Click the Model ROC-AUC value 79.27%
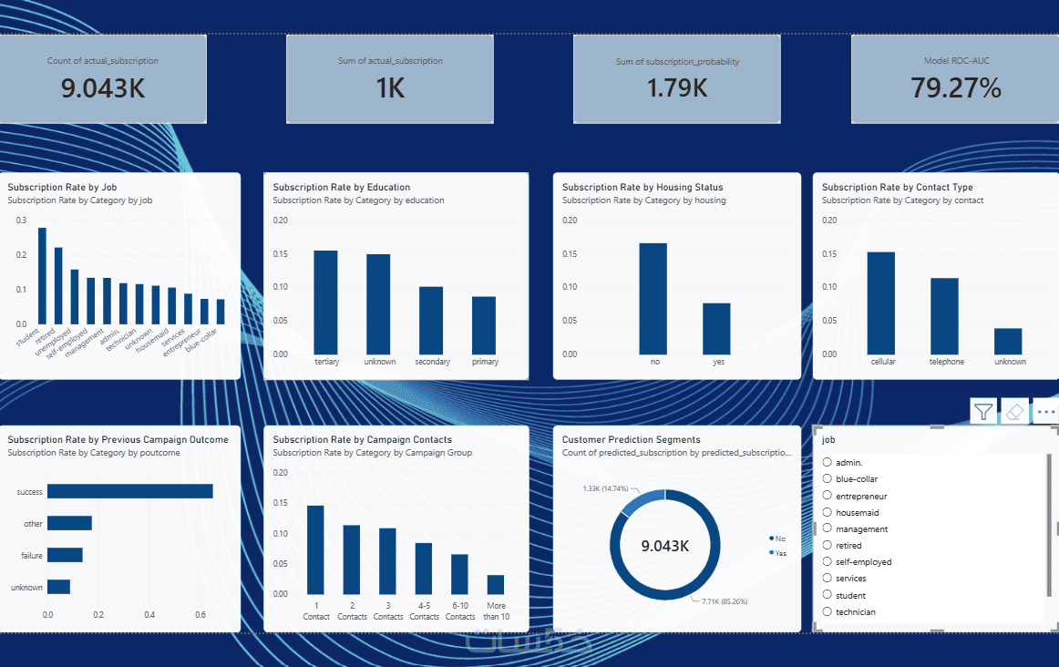(956, 87)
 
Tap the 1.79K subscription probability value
(677, 87)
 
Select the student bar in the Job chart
(43, 276)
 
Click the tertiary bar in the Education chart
(325, 303)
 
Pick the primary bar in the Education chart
(484, 325)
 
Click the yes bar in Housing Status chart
(716, 329)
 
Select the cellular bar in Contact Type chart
(880, 303)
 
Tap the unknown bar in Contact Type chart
(1008, 342)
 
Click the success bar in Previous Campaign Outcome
(130, 491)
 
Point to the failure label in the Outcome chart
(32, 556)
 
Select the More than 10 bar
(496, 585)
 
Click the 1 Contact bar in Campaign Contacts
(315, 549)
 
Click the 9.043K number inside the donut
(665, 546)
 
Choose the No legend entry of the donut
(777, 538)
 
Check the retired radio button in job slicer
(828, 545)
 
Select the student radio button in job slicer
(828, 595)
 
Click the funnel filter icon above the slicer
(983, 411)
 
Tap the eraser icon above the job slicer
(1014, 411)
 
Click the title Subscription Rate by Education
(341, 187)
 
